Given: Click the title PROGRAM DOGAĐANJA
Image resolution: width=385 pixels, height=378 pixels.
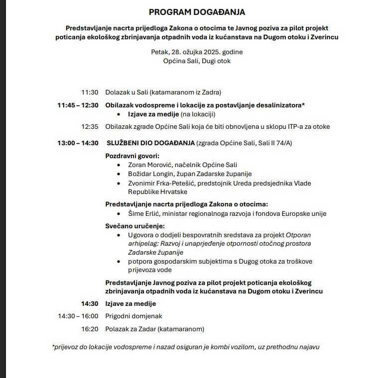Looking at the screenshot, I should tap(197, 11).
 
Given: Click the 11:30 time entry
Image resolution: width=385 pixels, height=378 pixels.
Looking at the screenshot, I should tap(90, 92).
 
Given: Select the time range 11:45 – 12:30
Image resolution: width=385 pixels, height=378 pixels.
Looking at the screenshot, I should tap(78, 105).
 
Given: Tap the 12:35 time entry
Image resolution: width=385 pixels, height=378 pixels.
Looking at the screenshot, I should tap(90, 126).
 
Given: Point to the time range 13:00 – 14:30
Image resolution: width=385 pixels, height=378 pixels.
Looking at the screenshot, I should tap(78, 143).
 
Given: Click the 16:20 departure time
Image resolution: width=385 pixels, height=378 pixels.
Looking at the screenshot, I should tap(90, 329).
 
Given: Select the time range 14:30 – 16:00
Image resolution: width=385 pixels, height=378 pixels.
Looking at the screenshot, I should tap(78, 316).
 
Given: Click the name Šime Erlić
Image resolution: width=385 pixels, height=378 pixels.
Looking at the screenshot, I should tap(145, 213).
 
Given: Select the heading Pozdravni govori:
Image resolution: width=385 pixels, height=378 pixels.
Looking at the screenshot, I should tap(132, 156).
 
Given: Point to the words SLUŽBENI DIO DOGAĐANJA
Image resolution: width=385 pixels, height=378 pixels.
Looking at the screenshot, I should tap(150, 143).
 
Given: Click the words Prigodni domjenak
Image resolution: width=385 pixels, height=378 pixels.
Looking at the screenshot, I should tap(133, 316).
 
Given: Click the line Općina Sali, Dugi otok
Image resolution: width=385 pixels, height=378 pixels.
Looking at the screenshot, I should tap(197, 61).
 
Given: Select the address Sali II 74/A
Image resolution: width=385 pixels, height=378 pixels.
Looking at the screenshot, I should tap(273, 143).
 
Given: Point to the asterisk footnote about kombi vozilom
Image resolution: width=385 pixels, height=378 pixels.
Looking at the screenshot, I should tap(185, 347).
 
